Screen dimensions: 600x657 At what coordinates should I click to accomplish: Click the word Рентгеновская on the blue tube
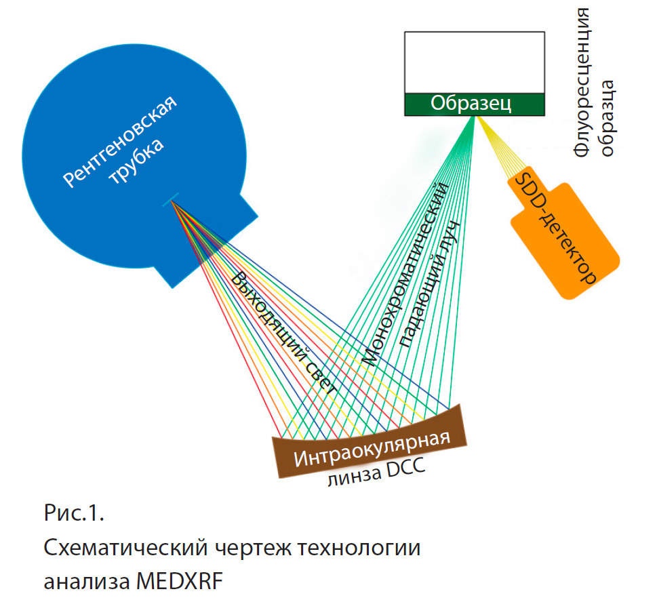(121, 141)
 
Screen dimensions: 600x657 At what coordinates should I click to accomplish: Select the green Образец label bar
(475, 103)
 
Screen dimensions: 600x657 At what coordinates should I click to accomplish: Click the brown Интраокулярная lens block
(372, 449)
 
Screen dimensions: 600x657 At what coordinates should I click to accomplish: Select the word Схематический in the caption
(128, 547)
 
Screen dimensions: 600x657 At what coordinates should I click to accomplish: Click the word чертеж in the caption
(254, 547)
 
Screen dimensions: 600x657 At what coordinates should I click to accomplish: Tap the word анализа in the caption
(87, 581)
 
